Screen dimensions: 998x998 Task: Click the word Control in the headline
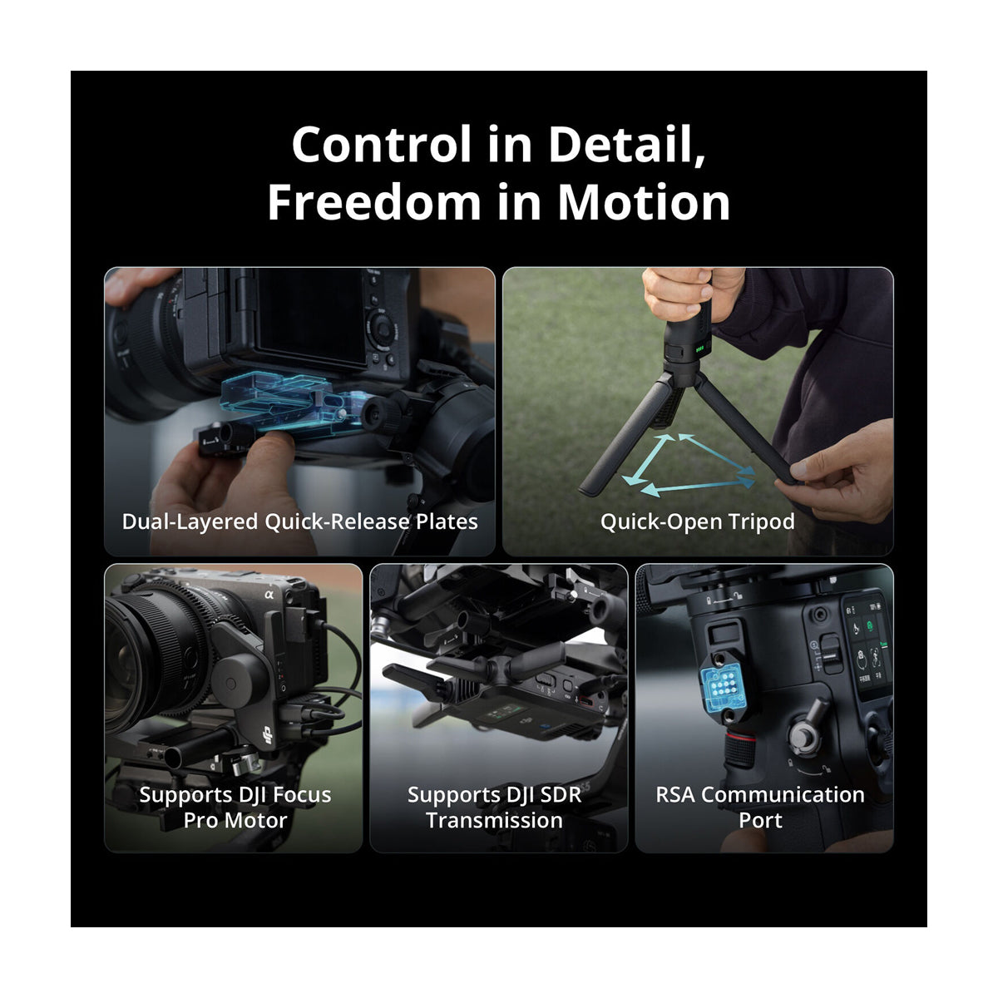[381, 145]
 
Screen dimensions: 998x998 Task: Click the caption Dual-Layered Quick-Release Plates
[299, 521]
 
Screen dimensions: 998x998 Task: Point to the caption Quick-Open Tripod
[697, 521]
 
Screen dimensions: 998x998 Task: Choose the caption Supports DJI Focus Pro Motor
[235, 807]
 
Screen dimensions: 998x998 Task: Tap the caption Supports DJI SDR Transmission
[494, 807]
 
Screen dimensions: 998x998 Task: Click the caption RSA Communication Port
[759, 807]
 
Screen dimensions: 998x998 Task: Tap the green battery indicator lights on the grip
[700, 351]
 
